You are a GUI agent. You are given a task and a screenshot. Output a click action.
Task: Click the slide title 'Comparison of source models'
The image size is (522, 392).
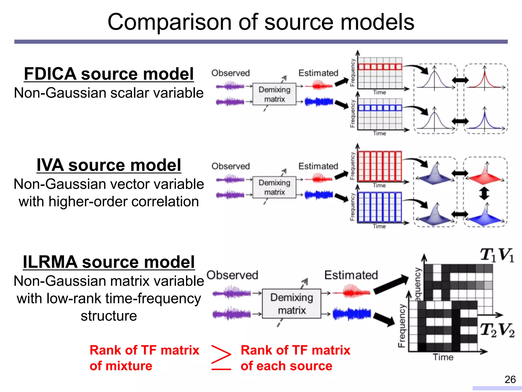coord(261,22)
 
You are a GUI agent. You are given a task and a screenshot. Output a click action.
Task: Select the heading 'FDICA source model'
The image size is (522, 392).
coord(109,74)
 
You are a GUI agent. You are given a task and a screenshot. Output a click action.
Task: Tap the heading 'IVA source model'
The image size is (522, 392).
coord(109,165)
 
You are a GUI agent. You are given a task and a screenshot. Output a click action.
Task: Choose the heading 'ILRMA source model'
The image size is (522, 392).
coord(109,262)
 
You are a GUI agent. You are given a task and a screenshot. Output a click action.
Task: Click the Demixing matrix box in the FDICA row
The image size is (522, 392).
coord(274,94)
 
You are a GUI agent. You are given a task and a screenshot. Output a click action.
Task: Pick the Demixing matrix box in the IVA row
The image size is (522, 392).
coord(274,187)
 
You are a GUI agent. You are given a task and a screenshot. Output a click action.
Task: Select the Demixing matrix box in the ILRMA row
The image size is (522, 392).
coord(291,304)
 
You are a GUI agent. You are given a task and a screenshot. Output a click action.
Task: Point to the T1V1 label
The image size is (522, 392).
coord(497,255)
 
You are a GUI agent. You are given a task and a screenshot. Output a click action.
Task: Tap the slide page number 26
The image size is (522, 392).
coord(510,379)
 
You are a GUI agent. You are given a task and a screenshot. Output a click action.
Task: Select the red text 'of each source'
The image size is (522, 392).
coord(286,366)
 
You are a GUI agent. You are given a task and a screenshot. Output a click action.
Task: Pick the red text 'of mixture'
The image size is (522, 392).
coord(121,366)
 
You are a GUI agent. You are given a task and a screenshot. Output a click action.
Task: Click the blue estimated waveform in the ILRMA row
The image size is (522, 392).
coord(351,314)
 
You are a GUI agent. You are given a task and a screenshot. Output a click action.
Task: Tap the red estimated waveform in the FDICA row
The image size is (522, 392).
coord(319,85)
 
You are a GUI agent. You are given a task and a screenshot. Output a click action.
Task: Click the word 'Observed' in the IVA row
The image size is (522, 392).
coord(230,166)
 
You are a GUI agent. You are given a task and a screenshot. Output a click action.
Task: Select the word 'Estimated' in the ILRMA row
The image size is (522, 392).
coord(351,275)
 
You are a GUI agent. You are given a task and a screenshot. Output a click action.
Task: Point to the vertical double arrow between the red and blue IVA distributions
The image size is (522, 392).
coord(484,193)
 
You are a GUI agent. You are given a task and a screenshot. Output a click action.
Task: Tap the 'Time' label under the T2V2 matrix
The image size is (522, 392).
coord(443,357)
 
